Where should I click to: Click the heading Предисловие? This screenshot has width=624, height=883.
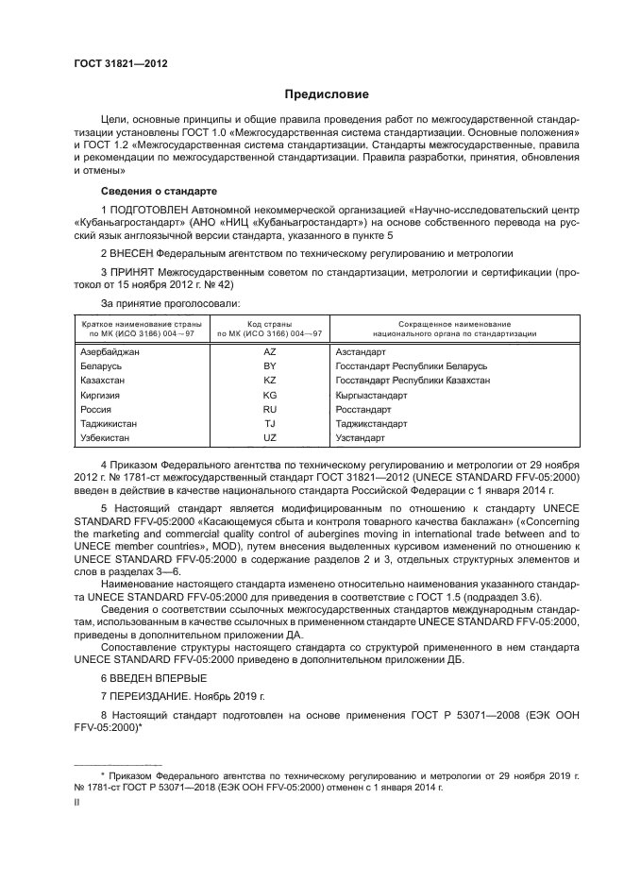pos(328,94)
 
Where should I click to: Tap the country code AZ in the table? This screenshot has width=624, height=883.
pos(269,351)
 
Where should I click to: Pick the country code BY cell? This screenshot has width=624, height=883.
pos(269,365)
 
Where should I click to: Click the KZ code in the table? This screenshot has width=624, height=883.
pos(269,380)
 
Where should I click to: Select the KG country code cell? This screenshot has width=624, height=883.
pos(269,395)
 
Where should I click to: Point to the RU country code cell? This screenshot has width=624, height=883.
pos(269,410)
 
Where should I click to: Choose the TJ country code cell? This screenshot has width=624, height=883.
pos(269,424)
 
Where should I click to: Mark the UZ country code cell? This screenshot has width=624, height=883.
pos(269,438)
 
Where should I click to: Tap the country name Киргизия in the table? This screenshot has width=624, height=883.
pos(100,395)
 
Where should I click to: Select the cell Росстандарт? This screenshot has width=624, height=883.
pos(363,410)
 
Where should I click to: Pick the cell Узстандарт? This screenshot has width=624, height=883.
pos(360,438)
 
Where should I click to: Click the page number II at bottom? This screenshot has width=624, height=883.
pos(77,802)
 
